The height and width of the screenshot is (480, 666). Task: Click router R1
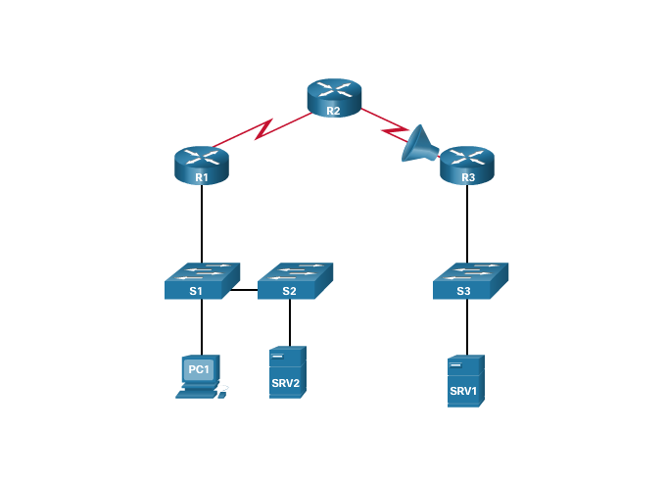click(x=201, y=166)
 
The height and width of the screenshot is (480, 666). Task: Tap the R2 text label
click(x=333, y=111)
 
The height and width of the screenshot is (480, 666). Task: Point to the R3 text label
click(x=467, y=177)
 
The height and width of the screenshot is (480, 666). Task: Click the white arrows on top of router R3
click(x=467, y=156)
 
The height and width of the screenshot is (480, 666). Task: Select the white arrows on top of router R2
click(x=334, y=89)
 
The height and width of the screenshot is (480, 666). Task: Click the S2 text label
click(x=289, y=291)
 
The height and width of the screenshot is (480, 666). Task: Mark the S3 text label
click(x=464, y=291)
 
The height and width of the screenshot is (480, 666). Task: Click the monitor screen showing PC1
click(x=199, y=369)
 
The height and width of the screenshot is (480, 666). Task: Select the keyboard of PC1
click(x=194, y=393)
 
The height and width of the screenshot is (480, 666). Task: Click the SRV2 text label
click(x=285, y=382)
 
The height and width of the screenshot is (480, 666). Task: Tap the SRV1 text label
click(x=463, y=390)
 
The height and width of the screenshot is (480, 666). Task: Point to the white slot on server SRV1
click(x=455, y=364)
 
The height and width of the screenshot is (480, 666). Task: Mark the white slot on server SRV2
click(x=277, y=356)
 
